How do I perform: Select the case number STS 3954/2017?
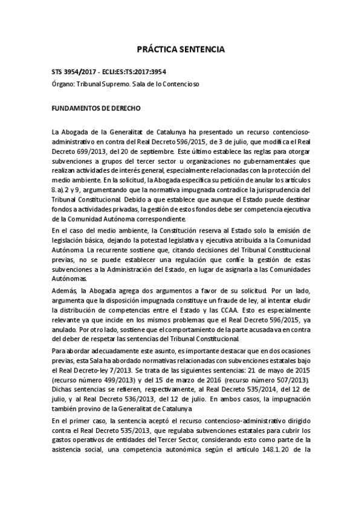74,72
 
